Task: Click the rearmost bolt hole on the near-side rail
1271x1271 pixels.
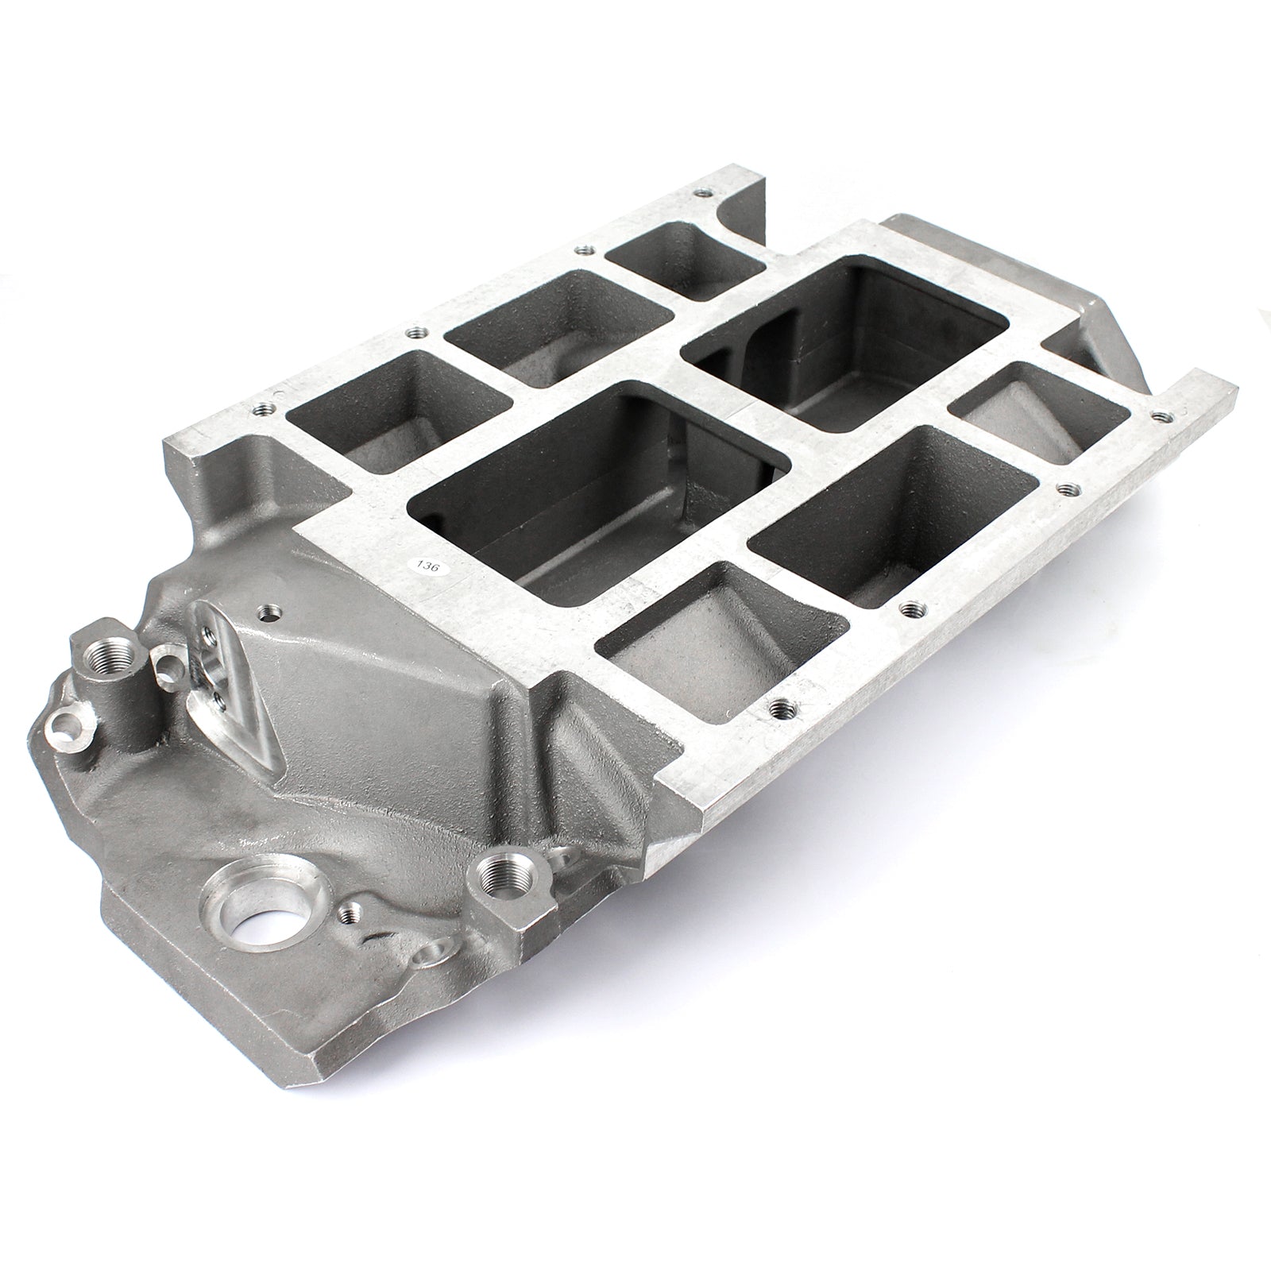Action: [1163, 414]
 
